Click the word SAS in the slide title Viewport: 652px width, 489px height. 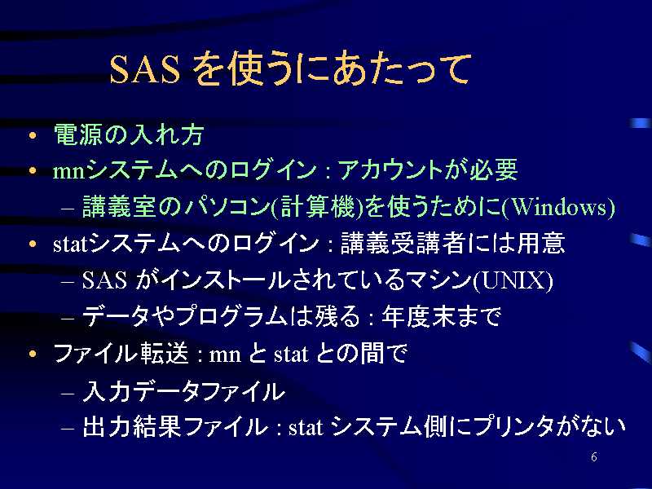tap(145, 68)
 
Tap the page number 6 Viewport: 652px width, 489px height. tap(594, 456)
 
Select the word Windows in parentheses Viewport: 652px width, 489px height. tap(558, 206)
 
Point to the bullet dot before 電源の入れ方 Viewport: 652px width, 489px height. tap(33, 135)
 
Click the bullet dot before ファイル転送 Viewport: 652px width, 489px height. tap(33, 354)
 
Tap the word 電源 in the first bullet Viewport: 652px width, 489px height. tap(77, 134)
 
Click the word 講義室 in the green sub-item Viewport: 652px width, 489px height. tap(119, 206)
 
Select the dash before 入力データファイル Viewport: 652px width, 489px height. tap(68, 394)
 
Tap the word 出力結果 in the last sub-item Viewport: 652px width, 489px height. tap(132, 426)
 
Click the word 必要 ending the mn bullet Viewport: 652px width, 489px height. tap(494, 170)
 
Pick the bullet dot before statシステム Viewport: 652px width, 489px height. tap(33, 244)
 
